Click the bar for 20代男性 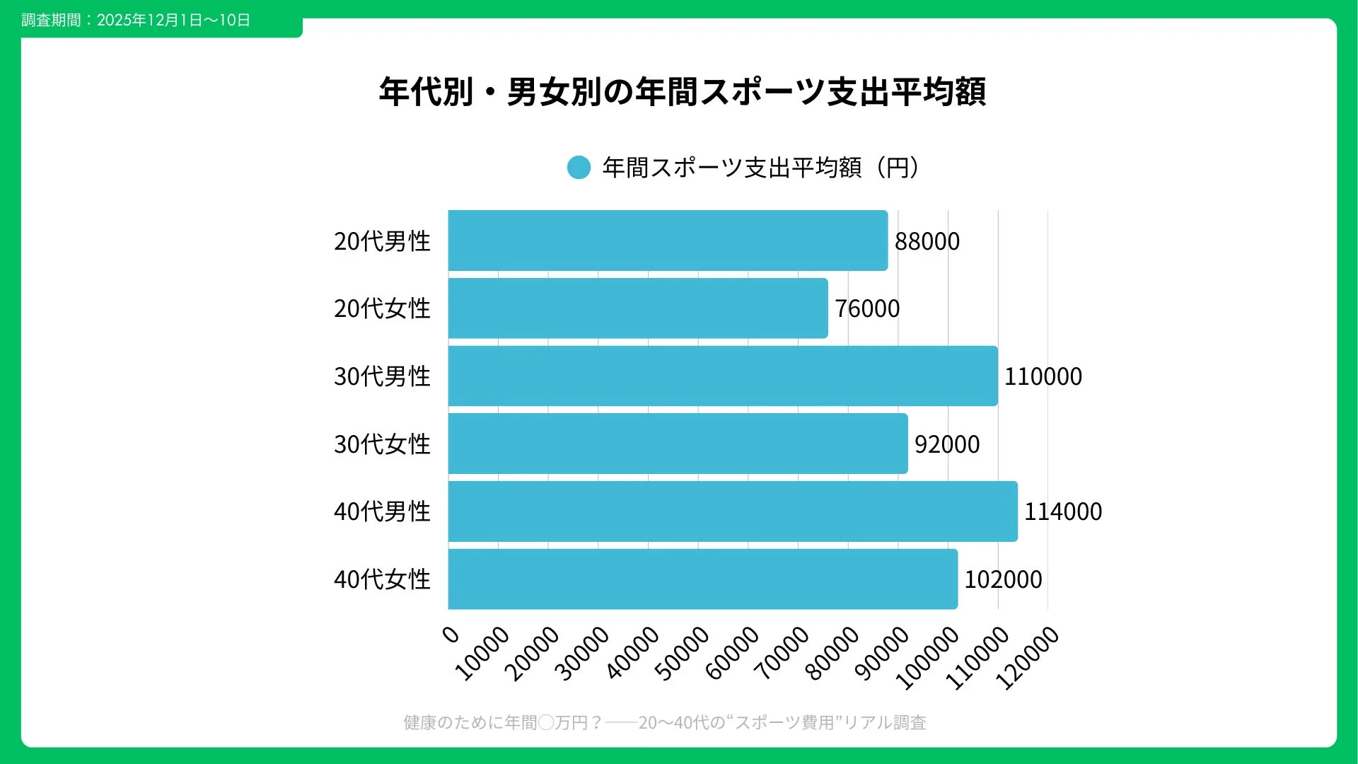[x=668, y=241]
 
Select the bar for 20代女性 [x=638, y=308]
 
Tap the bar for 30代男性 [x=723, y=376]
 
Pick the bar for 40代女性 [x=703, y=579]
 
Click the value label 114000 [x=1063, y=511]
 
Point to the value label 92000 [x=947, y=444]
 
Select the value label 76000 [x=867, y=308]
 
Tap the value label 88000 [x=927, y=241]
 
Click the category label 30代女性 [x=382, y=444]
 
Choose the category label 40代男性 [x=382, y=511]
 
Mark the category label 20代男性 [x=382, y=241]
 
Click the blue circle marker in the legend [x=579, y=168]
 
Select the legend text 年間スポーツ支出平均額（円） [x=761, y=168]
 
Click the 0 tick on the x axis [x=451, y=634]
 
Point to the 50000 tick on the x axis [x=682, y=653]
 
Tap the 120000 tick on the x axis [x=1028, y=658]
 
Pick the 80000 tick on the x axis [x=832, y=653]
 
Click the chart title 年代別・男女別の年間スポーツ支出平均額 [x=682, y=92]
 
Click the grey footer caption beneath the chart [x=665, y=722]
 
